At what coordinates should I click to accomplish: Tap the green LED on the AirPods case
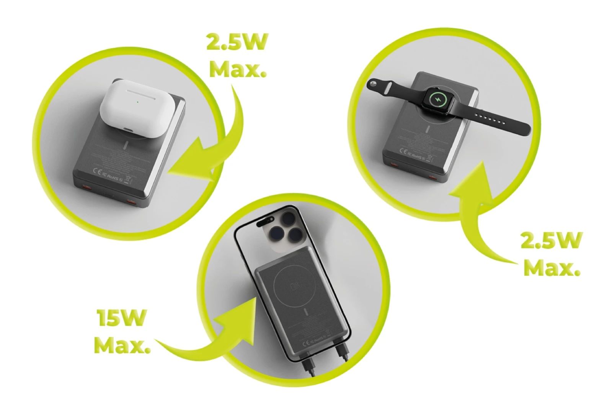tap(137, 102)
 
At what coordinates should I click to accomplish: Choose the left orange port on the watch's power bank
tap(394, 165)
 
